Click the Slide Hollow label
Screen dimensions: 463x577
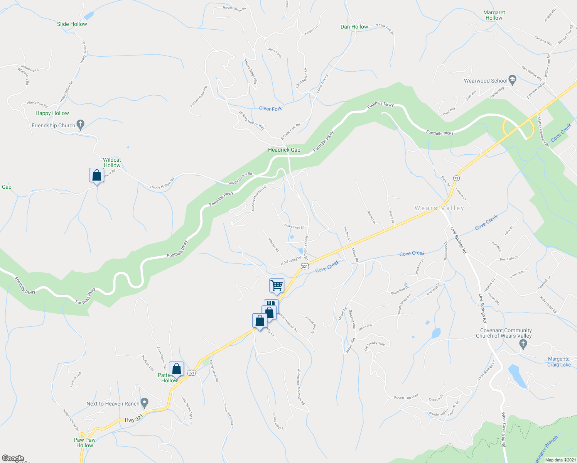tap(72, 24)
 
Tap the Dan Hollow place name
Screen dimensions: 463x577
tap(354, 27)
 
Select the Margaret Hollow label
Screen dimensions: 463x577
tap(494, 15)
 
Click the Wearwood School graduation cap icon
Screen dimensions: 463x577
tap(512, 80)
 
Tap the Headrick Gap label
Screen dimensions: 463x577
tap(284, 150)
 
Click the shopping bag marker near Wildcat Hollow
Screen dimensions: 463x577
tap(96, 176)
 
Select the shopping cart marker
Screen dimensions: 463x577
tap(277, 286)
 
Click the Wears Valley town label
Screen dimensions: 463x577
tap(439, 208)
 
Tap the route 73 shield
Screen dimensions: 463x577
tap(456, 178)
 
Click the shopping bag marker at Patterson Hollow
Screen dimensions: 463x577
tap(176, 369)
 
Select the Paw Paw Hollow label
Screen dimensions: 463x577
tap(84, 443)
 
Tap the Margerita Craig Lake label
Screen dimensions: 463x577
tap(558, 362)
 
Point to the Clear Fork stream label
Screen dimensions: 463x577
tap(270, 109)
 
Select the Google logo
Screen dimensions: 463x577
tap(13, 458)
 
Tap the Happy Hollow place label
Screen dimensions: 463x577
tap(52, 113)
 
